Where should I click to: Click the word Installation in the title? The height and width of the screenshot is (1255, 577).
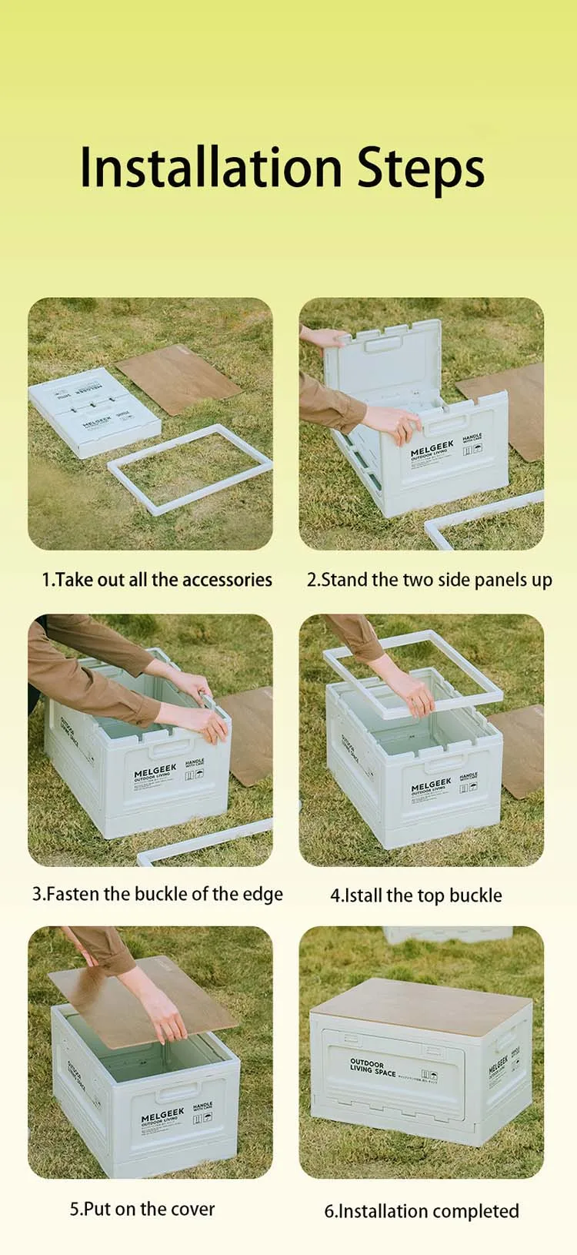click(210, 167)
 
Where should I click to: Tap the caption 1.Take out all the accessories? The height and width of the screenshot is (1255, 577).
click(157, 580)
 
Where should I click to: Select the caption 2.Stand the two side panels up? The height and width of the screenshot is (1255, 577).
click(429, 580)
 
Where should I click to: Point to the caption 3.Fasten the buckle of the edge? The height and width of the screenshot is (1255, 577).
click(158, 894)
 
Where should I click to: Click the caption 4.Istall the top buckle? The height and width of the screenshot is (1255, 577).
click(416, 895)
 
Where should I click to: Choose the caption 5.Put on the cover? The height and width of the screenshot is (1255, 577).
click(142, 1209)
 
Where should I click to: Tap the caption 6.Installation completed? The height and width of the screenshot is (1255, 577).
click(422, 1211)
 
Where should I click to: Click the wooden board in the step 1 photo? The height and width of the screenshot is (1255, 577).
click(178, 379)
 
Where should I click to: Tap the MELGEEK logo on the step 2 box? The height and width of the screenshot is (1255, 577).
click(432, 450)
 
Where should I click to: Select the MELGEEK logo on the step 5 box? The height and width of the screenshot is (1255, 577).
click(162, 1116)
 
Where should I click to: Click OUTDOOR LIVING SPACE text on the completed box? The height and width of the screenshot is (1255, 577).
click(373, 1067)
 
